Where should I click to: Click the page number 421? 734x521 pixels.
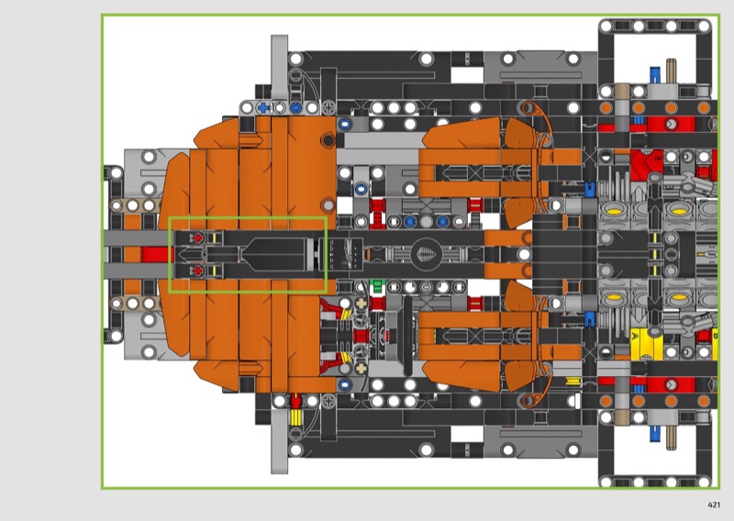714,504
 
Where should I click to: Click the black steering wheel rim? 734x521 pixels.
408,336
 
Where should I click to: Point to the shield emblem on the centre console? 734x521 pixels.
426,255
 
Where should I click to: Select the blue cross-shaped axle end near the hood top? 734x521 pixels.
263,108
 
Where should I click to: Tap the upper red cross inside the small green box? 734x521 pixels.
198,238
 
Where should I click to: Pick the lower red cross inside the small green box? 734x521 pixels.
198,271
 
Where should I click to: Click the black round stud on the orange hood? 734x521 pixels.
328,139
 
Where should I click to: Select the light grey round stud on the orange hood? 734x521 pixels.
328,205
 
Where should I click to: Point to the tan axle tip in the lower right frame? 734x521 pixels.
672,435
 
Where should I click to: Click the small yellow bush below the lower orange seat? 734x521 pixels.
573,381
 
